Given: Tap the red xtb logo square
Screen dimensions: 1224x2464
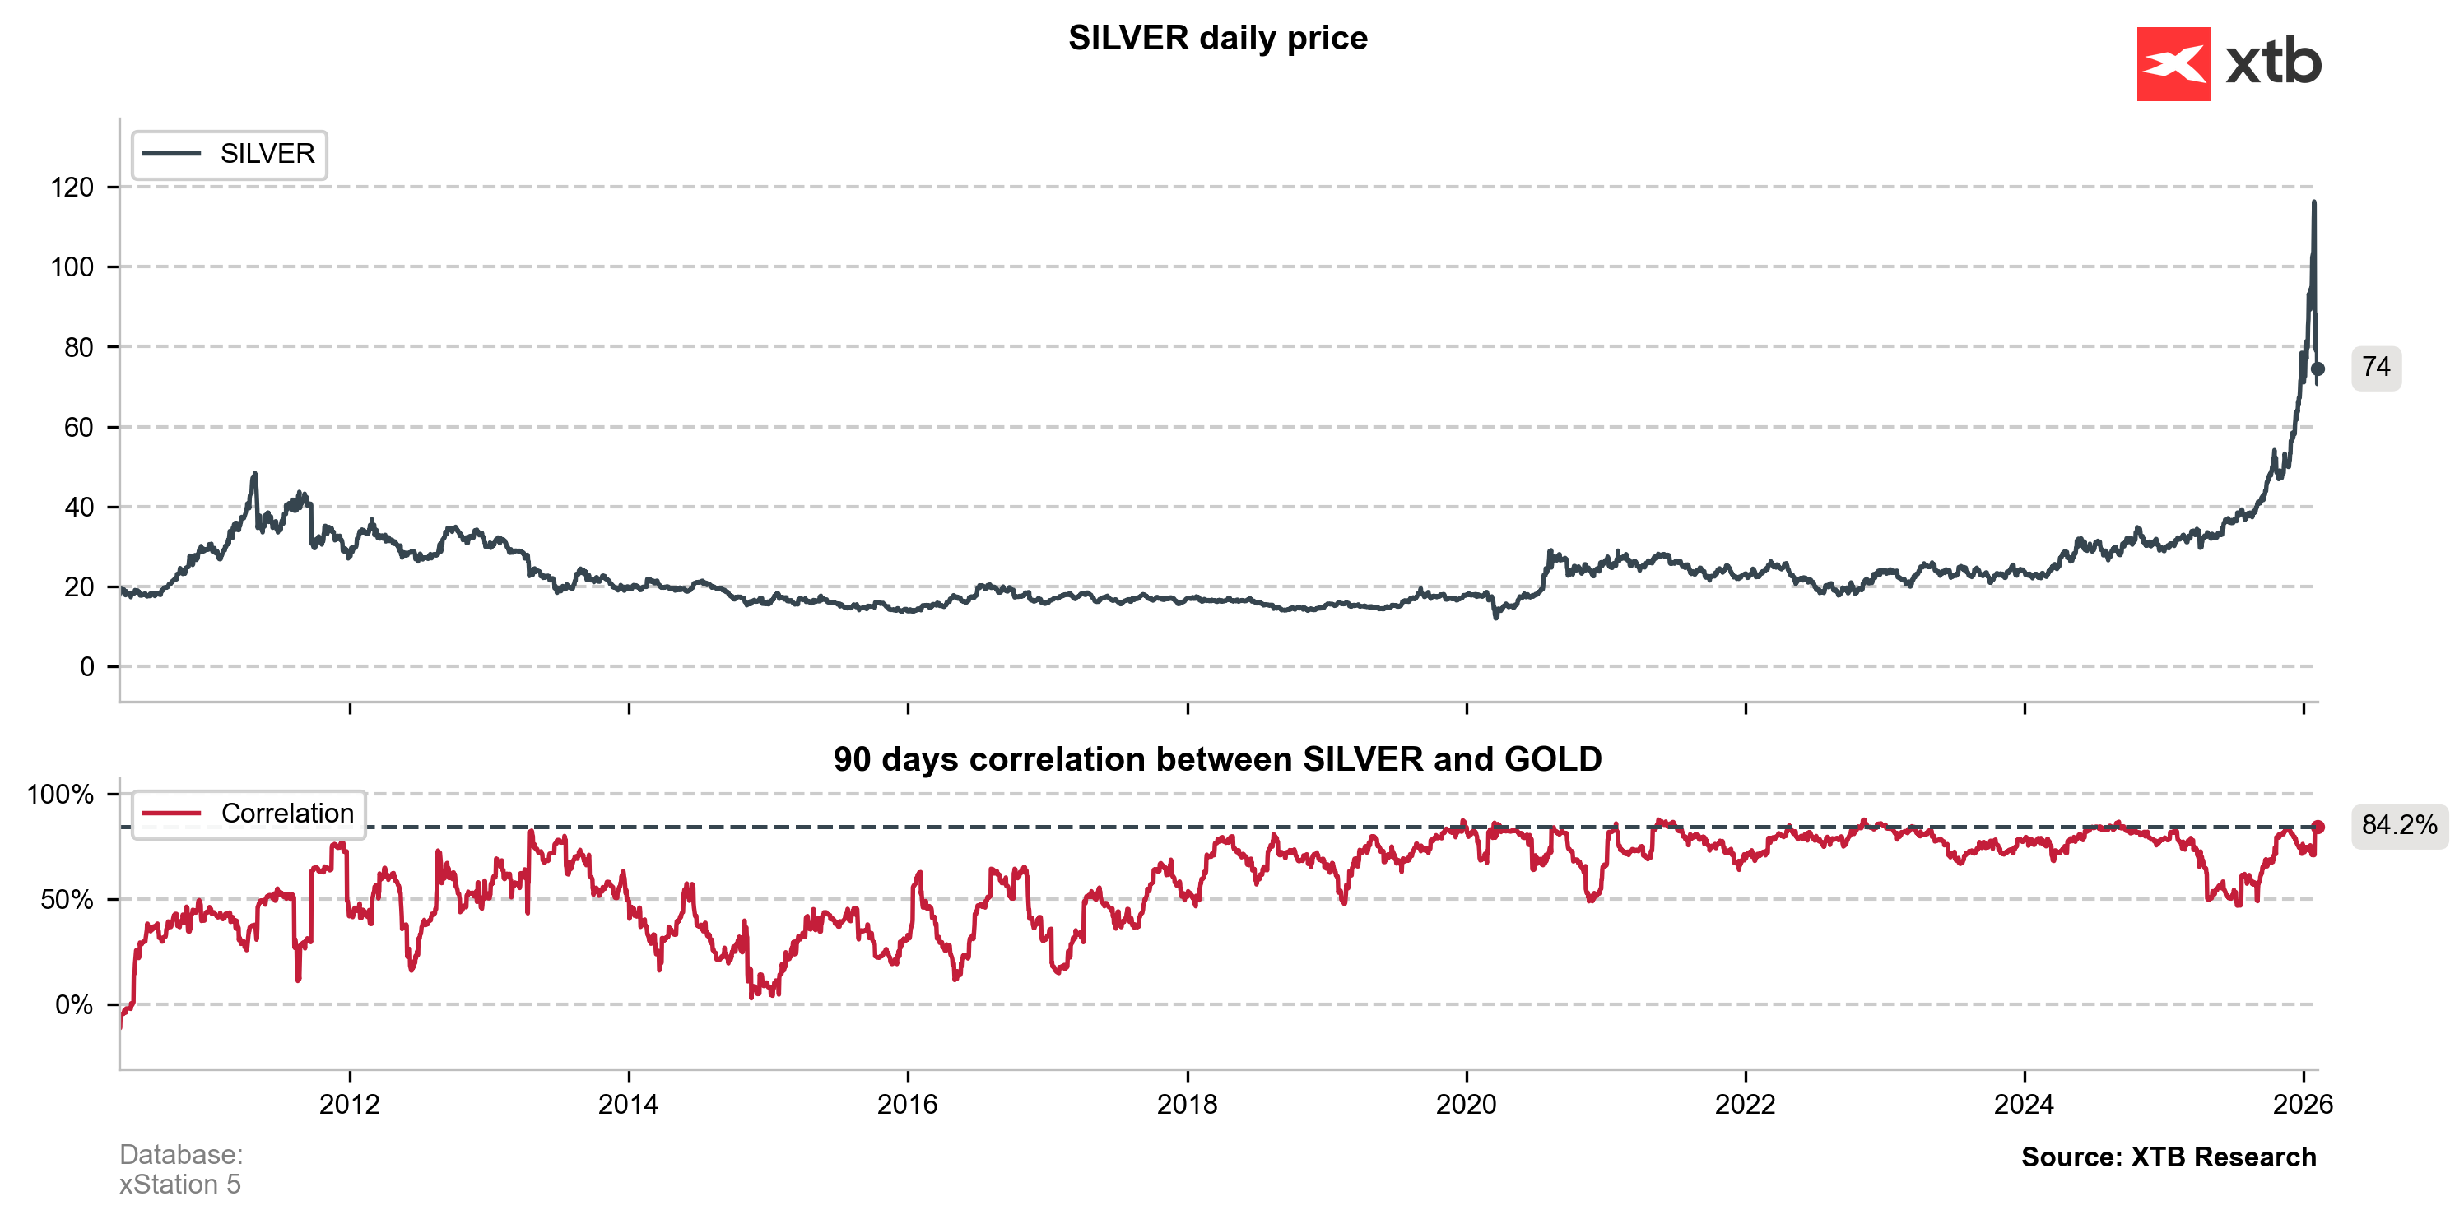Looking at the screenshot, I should [x=2173, y=64].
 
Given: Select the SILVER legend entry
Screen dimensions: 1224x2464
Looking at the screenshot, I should [x=230, y=154].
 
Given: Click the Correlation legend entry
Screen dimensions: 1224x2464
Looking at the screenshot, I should [x=249, y=814].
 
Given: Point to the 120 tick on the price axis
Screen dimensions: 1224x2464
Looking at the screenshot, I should [x=72, y=188].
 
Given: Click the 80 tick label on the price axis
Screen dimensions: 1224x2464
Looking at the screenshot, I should [x=78, y=347].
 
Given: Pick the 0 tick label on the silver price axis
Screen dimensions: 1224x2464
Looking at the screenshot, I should [x=87, y=666].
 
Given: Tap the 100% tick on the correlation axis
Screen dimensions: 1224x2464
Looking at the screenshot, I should [x=60, y=795].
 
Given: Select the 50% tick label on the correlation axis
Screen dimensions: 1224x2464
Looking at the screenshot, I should [x=67, y=900].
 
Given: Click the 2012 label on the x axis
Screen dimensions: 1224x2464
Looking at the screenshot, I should [x=349, y=1105].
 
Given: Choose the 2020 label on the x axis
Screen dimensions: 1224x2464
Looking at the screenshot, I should [x=1466, y=1105].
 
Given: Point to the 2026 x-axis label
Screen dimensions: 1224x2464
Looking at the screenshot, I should [x=2303, y=1105].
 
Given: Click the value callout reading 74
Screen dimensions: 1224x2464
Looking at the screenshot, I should [x=2376, y=369].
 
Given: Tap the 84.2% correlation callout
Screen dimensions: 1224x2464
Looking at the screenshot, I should [x=2399, y=825].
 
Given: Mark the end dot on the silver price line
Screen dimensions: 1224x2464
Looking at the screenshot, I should [x=2318, y=369].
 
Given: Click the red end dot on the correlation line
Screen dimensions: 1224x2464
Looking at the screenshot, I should [x=2318, y=828].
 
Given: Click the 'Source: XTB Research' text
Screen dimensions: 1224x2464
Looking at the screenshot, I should [x=2169, y=1157].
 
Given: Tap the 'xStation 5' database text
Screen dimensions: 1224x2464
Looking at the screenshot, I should [x=180, y=1185].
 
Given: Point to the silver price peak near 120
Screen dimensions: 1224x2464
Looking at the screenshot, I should [x=2314, y=202].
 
